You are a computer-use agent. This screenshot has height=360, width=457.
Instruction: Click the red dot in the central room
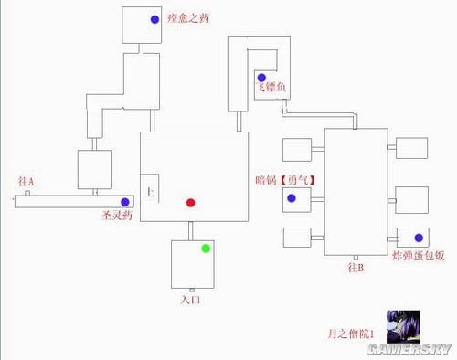pyautogui.click(x=190, y=202)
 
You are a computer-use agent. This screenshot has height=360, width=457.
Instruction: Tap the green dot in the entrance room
pyautogui.click(x=206, y=248)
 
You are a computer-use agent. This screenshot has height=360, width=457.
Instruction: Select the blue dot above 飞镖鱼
pyautogui.click(x=261, y=77)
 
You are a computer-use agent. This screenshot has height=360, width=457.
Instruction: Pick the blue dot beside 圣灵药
pyautogui.click(x=124, y=202)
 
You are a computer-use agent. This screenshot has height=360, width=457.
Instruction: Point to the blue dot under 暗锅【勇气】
pyautogui.click(x=292, y=197)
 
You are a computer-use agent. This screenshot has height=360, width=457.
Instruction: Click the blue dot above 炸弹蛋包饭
pyautogui.click(x=419, y=238)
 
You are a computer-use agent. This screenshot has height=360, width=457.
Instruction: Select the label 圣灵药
pyautogui.click(x=117, y=217)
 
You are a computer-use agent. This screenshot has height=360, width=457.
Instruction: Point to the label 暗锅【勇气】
pyautogui.click(x=288, y=180)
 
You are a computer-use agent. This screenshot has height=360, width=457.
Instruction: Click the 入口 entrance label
pyautogui.click(x=189, y=299)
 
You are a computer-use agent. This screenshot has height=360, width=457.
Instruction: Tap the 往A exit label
pyautogui.click(x=26, y=182)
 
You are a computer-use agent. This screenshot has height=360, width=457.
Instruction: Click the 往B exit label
pyautogui.click(x=356, y=268)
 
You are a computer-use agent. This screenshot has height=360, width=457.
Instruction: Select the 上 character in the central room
pyautogui.click(x=149, y=193)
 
